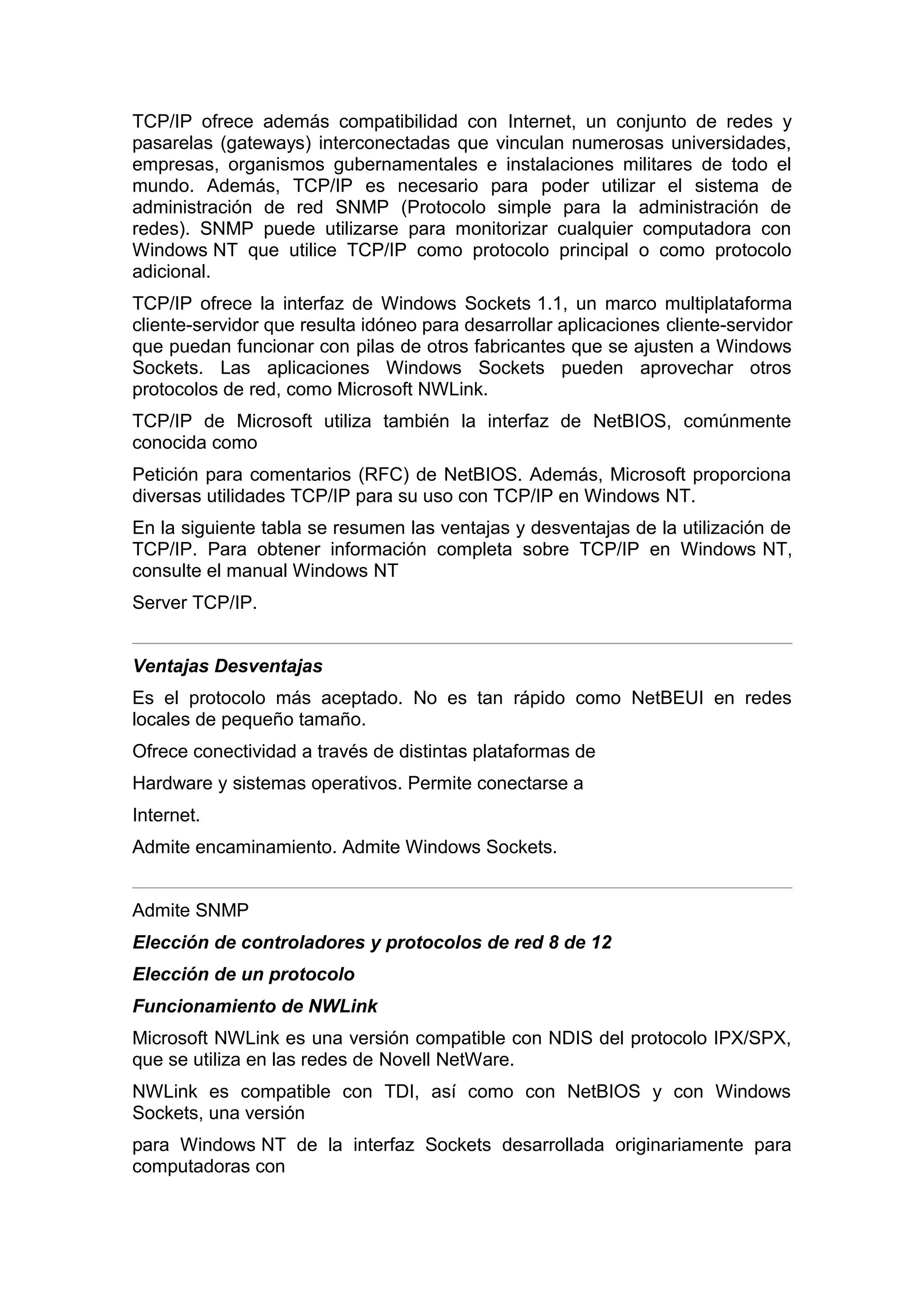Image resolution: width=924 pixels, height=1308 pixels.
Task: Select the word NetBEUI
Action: [x=667, y=698]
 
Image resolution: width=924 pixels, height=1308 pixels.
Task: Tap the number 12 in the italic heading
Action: [x=601, y=943]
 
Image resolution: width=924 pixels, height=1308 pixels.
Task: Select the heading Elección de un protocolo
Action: [x=244, y=975]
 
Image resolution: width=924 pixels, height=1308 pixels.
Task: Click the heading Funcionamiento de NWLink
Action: [x=255, y=1007]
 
